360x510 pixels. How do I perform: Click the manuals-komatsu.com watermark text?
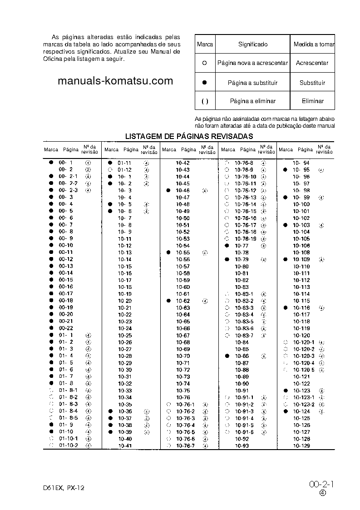[x=116, y=81]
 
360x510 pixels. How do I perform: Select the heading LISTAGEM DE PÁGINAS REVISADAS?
[x=189, y=136]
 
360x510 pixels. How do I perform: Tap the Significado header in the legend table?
[x=252, y=45]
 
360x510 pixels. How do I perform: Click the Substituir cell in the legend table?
[x=312, y=83]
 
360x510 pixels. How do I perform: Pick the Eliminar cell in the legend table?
[x=312, y=101]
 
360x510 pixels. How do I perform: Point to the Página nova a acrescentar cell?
[x=252, y=63]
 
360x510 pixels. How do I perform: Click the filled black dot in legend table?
[x=204, y=83]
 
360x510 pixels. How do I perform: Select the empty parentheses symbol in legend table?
[x=205, y=101]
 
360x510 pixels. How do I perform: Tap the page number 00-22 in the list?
[x=66, y=328]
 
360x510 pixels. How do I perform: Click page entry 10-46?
[x=183, y=191]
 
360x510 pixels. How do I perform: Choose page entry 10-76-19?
[x=246, y=239]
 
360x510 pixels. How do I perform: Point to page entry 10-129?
[x=301, y=446]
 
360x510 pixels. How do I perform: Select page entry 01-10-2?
[x=69, y=446]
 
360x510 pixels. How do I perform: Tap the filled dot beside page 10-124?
[x=285, y=411]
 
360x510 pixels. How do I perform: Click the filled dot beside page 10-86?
[x=227, y=356]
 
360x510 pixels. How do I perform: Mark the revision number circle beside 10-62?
[x=205, y=301]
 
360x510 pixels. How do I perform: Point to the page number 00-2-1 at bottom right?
[x=321, y=485]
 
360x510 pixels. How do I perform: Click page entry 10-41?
[x=125, y=446]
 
